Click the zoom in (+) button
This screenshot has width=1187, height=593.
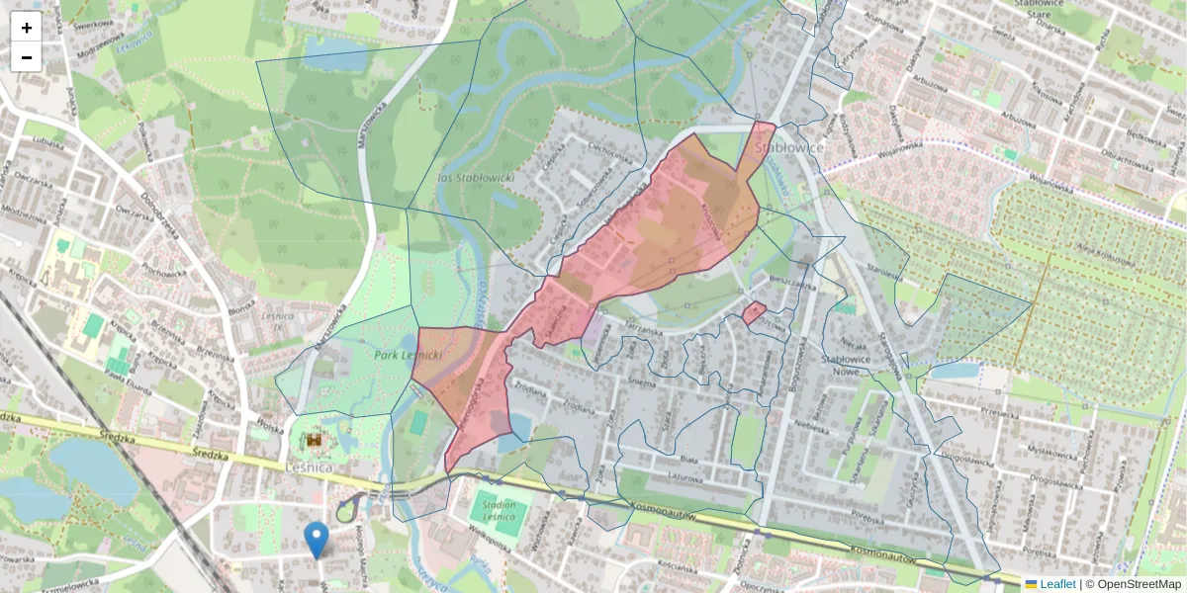pyautogui.click(x=27, y=28)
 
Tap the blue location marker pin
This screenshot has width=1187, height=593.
pyautogui.click(x=317, y=540)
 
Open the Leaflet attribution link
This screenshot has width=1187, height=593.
pyautogui.click(x=1056, y=584)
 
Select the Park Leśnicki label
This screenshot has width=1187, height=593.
pyautogui.click(x=408, y=353)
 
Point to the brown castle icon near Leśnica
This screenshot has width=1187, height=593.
pyautogui.click(x=315, y=439)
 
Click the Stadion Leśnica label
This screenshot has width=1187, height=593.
pyautogui.click(x=499, y=510)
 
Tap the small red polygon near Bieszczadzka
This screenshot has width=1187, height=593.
pyautogui.click(x=755, y=313)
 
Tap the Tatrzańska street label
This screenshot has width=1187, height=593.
pyautogui.click(x=642, y=333)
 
